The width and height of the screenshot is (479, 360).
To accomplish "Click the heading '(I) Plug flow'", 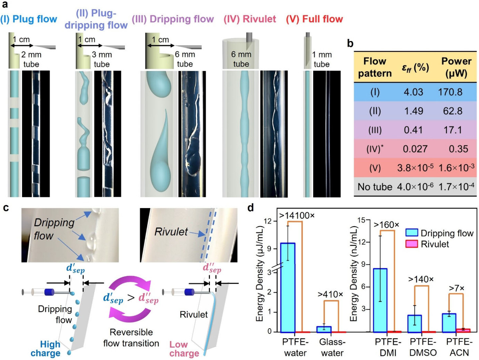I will (x=29, y=19).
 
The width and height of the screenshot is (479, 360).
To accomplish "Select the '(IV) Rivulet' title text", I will (x=249, y=19).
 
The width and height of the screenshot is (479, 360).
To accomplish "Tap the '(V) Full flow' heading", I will (x=314, y=19).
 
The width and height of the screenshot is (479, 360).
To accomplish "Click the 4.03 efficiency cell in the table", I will (x=413, y=92).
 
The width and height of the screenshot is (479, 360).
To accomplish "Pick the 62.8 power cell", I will (x=452, y=111).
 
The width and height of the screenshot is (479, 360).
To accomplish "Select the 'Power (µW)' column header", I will (x=456, y=67).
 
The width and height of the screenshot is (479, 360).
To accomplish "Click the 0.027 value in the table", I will (x=415, y=149).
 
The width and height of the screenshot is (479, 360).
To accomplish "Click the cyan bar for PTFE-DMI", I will (x=380, y=300).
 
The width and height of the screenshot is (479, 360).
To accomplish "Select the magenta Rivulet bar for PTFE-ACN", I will (x=463, y=330).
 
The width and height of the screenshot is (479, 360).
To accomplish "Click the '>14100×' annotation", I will (x=296, y=216).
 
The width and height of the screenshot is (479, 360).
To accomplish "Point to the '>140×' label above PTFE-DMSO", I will (x=421, y=279).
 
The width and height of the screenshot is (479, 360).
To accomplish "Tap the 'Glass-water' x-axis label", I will (x=332, y=347).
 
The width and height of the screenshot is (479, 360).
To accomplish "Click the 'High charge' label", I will (x=46, y=349).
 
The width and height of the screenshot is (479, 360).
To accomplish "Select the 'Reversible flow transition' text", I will (x=131, y=338).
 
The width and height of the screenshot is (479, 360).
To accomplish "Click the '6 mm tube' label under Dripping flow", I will (x=185, y=59).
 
